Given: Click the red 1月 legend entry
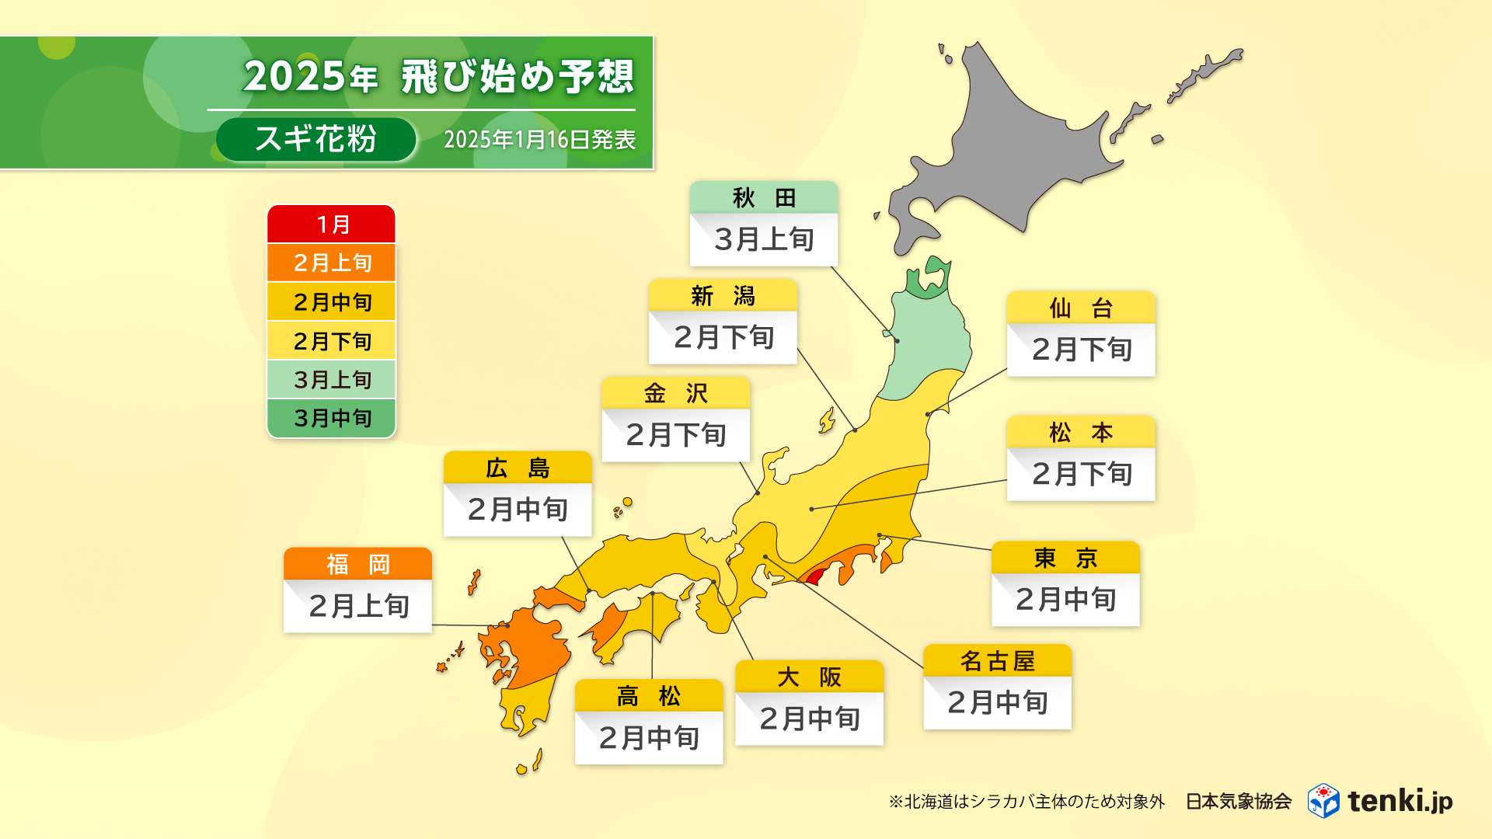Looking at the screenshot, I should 332,225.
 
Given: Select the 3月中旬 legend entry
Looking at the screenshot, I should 332,419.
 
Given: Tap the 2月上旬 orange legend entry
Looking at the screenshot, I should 332,263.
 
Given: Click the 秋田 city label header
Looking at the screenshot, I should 764,198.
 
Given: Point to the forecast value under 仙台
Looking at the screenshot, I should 1081,350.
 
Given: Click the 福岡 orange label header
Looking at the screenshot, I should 357,564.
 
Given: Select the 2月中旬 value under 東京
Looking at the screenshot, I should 1065,600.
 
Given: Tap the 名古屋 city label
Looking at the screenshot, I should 997,661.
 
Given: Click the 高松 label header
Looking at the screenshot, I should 649,696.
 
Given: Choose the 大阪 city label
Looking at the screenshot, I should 809,677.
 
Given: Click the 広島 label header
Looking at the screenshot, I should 518,468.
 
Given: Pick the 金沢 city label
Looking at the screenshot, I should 675,394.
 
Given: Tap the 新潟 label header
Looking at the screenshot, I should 723,296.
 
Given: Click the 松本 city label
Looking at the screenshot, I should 1081,433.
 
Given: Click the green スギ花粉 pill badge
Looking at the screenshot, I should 315,140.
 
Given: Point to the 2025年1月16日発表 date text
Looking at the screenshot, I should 539,140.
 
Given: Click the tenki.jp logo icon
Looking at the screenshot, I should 1323,800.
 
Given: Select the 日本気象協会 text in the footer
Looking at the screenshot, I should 1238,801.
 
